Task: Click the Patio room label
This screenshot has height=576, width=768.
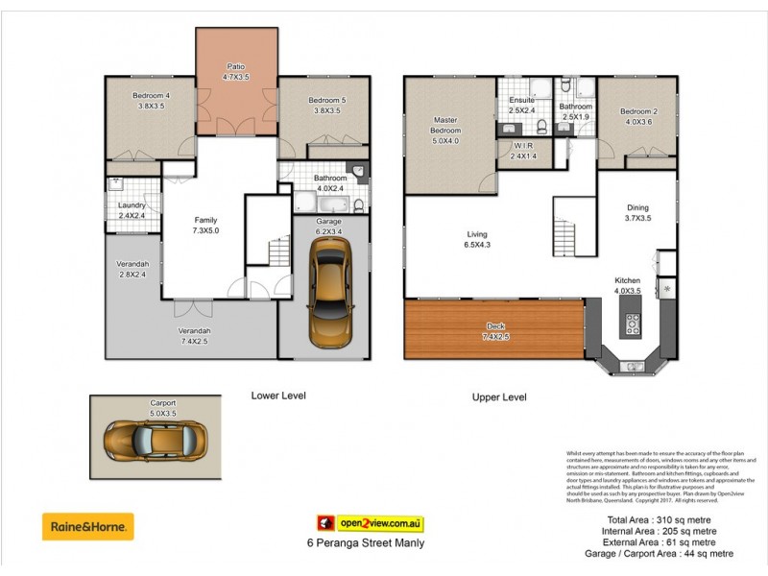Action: coord(236,66)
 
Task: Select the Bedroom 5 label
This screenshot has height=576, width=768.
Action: coord(326,100)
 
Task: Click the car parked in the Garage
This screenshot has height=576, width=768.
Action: coord(328,292)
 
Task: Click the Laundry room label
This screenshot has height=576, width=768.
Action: coord(132,205)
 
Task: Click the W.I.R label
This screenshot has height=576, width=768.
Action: coord(523,146)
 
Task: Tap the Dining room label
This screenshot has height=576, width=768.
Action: coord(637,207)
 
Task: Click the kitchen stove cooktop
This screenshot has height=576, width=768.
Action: coord(633,324)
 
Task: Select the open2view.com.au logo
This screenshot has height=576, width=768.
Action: coord(371,524)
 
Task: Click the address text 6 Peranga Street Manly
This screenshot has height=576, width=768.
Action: coord(359,543)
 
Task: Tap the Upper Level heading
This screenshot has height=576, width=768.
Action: coord(498,396)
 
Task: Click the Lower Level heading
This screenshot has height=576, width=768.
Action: coord(278,395)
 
